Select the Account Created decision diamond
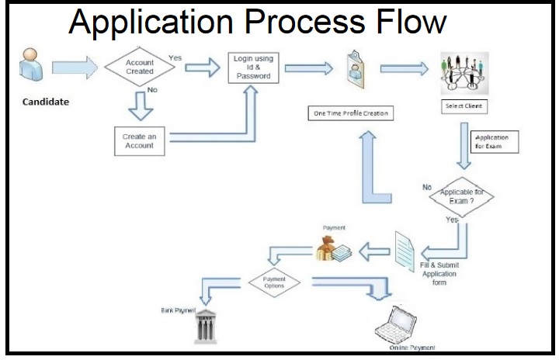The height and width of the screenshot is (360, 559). tap(140, 67)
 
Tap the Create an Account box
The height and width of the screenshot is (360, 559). tap(139, 140)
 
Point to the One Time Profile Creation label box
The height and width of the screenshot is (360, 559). tap(349, 114)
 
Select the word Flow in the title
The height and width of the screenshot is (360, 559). tap(408, 23)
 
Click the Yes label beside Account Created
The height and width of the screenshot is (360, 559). tap(175, 57)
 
